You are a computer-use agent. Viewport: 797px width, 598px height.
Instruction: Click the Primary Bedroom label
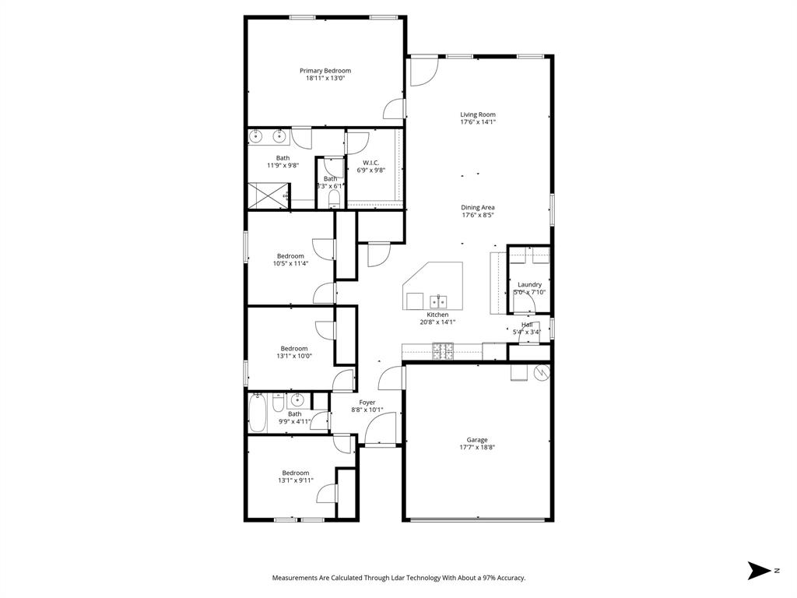click(x=325, y=71)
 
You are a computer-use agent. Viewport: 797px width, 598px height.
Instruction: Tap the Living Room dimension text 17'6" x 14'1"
click(x=478, y=122)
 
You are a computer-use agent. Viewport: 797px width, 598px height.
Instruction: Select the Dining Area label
click(x=478, y=207)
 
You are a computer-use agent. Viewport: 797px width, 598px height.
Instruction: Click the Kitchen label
click(x=437, y=315)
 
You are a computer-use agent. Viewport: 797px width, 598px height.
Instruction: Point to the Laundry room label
click(x=529, y=285)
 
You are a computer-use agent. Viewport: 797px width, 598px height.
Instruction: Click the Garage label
click(x=477, y=440)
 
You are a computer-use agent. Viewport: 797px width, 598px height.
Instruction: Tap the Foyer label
click(x=367, y=403)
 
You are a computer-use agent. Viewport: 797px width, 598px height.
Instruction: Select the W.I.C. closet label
click(x=370, y=163)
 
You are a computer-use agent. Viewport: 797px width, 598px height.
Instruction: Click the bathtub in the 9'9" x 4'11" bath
click(x=258, y=413)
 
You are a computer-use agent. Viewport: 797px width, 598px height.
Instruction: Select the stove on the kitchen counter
click(x=442, y=352)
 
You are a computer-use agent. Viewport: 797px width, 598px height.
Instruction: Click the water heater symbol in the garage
click(x=542, y=372)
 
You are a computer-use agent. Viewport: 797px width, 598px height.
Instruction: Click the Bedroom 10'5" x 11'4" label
click(x=290, y=256)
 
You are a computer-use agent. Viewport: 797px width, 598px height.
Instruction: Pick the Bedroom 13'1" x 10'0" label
click(x=293, y=349)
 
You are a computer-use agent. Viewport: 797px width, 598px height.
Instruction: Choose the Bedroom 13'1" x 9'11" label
click(x=295, y=473)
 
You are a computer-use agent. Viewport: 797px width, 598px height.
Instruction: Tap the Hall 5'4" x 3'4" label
click(x=527, y=325)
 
